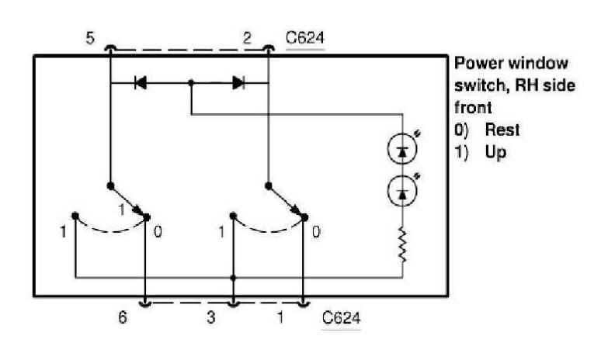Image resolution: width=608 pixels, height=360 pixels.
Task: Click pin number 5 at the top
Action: point(91,38)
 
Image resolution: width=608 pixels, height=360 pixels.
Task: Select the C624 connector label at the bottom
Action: point(342,319)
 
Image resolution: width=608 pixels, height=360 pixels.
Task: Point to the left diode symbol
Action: point(141,81)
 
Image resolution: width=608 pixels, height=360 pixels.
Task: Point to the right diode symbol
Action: point(238,81)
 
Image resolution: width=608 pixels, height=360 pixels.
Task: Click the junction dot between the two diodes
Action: point(191,81)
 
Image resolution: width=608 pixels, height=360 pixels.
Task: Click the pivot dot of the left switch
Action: point(111,186)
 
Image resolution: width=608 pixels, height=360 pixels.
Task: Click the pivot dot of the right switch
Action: point(268,186)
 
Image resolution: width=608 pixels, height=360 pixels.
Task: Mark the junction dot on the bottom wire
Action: point(234,276)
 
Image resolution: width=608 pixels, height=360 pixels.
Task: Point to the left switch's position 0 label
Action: point(158,232)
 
